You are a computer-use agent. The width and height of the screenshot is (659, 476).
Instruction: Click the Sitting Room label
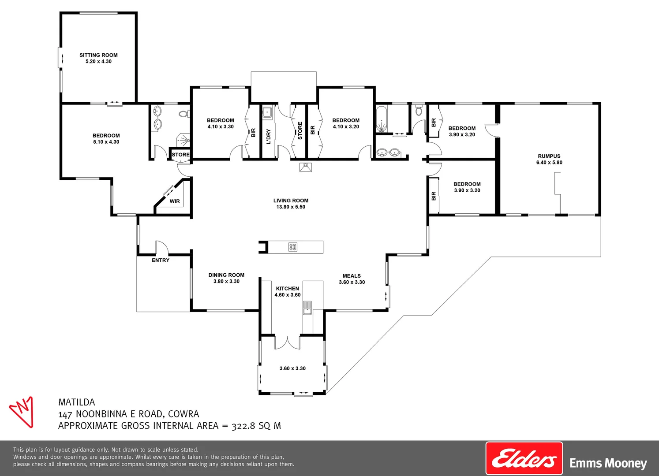pos(98,55)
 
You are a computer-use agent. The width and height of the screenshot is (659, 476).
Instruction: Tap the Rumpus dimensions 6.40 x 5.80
pos(549,163)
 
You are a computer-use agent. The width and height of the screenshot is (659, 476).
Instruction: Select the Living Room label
pos(291,201)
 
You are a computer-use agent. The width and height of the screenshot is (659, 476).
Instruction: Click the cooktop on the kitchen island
pos(293,247)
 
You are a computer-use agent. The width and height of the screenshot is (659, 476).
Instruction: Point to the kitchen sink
pos(307,308)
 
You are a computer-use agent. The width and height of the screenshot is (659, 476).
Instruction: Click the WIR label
pos(175,201)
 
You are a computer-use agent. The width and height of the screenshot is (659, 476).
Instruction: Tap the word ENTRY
pos(161,260)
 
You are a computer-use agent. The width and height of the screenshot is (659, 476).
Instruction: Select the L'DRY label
pos(268,136)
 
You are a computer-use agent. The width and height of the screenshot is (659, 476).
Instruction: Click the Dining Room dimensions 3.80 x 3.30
pos(226,282)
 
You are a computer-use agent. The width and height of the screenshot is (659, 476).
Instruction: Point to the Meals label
pos(352,276)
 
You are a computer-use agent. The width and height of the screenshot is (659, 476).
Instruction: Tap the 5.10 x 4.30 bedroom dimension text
pos(106,142)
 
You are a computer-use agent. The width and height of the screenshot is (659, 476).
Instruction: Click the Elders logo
pos(524,458)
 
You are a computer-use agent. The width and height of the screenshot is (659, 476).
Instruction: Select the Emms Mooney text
pos(608,464)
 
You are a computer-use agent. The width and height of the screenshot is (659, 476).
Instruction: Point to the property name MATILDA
pos(77,402)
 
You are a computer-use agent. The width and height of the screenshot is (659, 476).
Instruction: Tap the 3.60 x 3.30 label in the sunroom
pos(292,368)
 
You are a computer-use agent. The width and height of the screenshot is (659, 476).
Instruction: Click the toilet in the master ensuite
pos(183,114)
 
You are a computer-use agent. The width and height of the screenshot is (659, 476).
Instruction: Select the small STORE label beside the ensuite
pos(180,155)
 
